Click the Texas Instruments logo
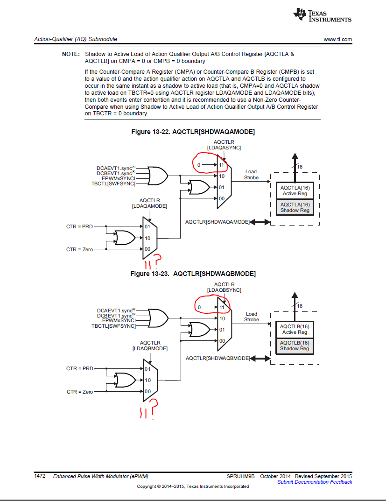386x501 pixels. [322, 15]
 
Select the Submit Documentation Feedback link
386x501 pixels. [315, 482]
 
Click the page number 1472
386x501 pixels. [40, 476]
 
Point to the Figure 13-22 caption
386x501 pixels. [193, 132]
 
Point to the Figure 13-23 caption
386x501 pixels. [193, 274]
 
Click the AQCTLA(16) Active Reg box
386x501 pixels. [295, 191]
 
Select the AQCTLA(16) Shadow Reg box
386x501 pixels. [295, 207]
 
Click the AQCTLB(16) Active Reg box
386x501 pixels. [295, 329]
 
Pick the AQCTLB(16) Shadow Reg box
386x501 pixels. [295, 346]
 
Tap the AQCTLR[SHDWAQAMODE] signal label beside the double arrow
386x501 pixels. [218, 222]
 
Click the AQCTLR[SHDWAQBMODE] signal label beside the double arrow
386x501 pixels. [218, 358]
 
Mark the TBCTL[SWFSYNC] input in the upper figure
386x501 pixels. [113, 183]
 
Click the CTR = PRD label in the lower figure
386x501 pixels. [80, 368]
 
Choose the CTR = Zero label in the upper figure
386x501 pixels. [79, 249]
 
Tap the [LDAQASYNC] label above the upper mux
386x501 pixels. [224, 148]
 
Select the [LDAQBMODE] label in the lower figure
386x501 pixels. [150, 348]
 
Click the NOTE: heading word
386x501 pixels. [71, 54]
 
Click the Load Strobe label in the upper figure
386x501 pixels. [251, 175]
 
